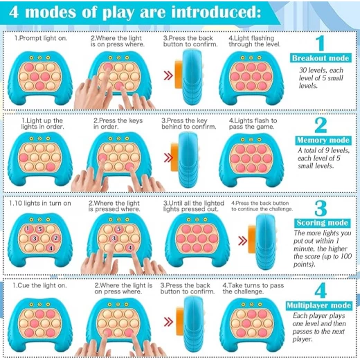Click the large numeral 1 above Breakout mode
321,43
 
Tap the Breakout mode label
321,58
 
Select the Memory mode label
323,141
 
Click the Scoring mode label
323,223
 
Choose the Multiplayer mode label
319,305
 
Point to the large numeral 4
321,290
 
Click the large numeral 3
321,208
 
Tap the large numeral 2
321,125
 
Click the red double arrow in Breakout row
168,75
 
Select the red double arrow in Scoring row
242,241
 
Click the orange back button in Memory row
174,157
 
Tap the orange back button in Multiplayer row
180,321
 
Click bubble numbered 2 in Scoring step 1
55,238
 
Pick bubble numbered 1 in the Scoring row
28,228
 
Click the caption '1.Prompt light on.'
41,38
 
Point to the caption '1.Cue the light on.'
39,285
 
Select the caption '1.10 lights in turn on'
40,204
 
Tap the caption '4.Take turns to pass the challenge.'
253,289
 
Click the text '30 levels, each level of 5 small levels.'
321,78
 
